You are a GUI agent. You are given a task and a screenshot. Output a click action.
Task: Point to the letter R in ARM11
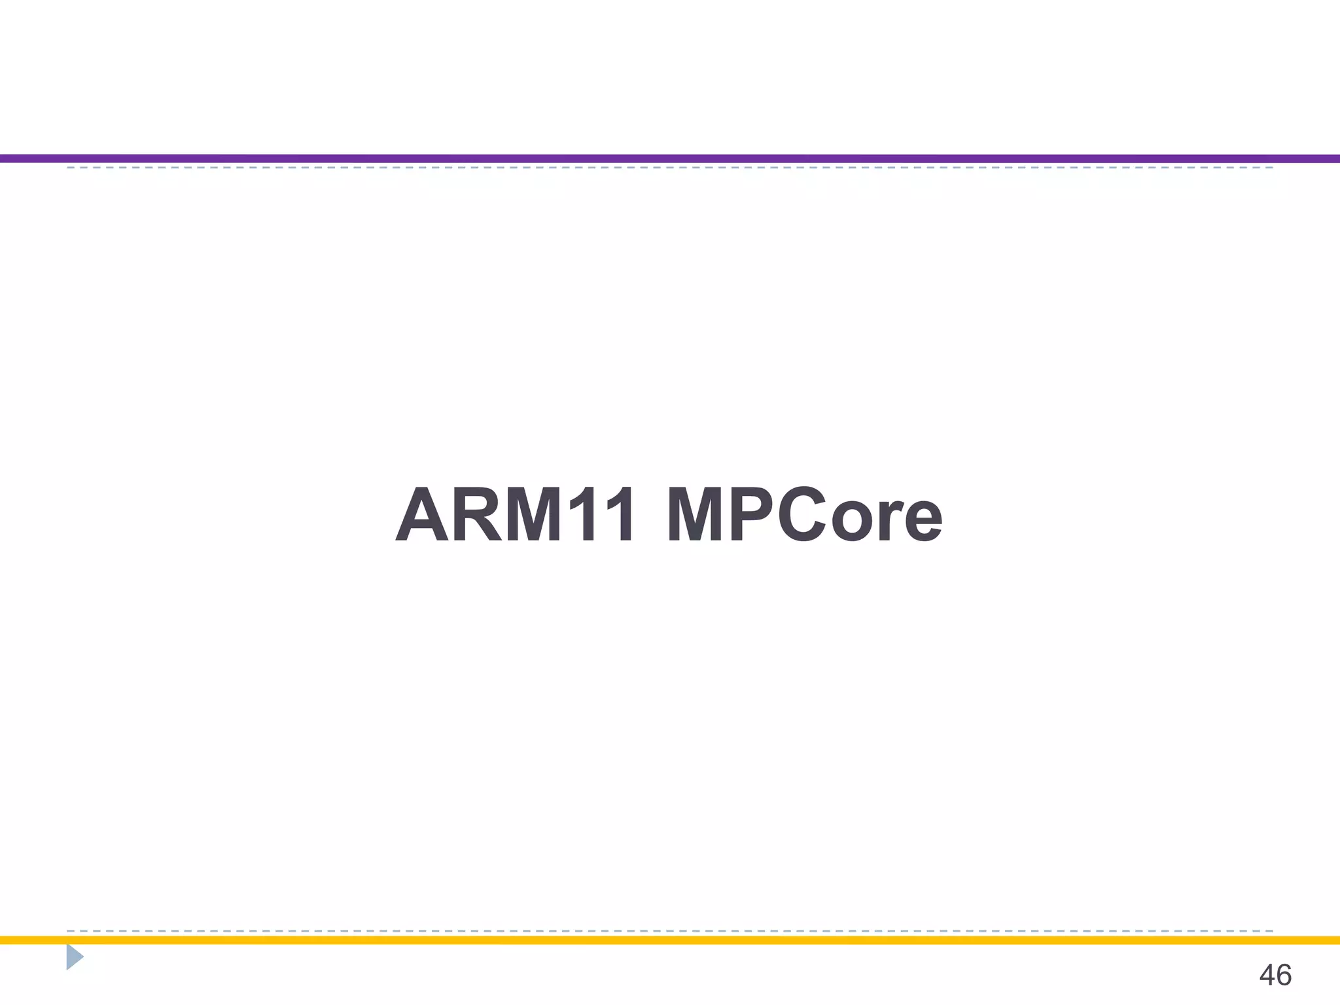477,515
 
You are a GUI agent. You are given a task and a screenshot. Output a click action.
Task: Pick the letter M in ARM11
533,515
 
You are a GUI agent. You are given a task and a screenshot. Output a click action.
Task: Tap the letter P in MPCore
752,515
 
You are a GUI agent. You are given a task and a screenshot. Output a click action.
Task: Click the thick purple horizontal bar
670,158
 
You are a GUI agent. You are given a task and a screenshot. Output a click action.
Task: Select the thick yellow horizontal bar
670,940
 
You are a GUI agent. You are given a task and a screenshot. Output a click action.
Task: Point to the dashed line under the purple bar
670,168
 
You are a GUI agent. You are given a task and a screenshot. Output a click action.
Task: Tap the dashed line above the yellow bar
670,930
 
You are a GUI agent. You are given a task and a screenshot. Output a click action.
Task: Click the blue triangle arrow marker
74,957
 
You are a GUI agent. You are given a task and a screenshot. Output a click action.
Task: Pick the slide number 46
1275,976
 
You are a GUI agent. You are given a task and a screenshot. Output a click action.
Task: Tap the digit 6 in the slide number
1284,976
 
